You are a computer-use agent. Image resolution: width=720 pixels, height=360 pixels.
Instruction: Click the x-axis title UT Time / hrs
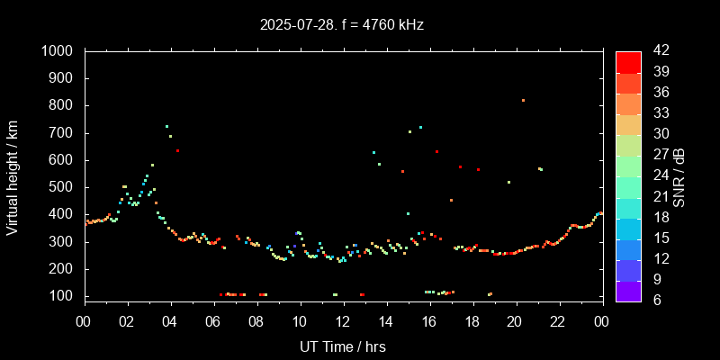(343, 346)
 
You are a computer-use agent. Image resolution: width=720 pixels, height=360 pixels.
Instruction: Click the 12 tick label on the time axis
(343, 321)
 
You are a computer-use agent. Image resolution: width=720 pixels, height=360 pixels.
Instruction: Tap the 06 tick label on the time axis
(213, 321)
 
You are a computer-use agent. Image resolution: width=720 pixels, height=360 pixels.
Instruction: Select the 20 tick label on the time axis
(515, 321)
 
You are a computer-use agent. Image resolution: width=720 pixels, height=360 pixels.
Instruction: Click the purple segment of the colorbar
(628, 290)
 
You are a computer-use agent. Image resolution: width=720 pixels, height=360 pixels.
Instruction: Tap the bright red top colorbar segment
(628, 61)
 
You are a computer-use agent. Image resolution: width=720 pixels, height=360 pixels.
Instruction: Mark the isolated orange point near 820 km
(523, 100)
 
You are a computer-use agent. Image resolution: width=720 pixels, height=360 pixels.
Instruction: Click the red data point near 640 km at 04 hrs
(177, 150)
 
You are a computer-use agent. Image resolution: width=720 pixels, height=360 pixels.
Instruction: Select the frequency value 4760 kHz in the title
(386, 25)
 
